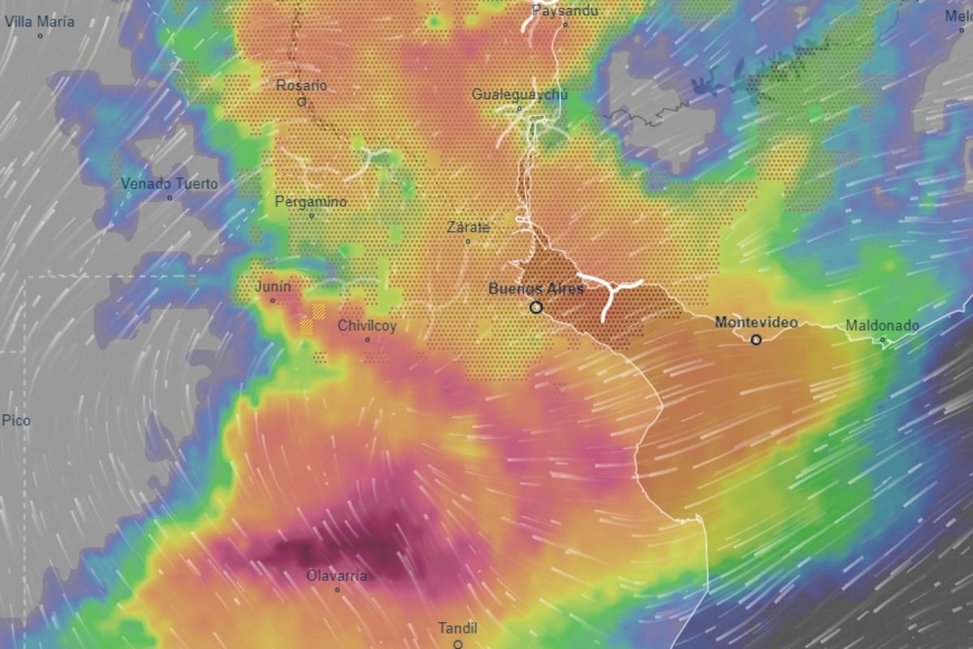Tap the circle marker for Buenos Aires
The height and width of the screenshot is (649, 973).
[536, 307]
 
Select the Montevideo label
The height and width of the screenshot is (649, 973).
[756, 323]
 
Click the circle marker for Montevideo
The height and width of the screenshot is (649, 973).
[757, 340]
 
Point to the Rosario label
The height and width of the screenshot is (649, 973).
[302, 85]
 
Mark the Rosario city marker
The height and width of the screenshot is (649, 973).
[302, 102]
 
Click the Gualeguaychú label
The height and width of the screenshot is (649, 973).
[520, 95]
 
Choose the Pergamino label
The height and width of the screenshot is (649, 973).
[311, 202]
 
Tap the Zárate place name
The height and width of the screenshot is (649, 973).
[468, 228]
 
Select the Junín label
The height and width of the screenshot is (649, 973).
[272, 287]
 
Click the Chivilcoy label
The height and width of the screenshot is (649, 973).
[367, 326]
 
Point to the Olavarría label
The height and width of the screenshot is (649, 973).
[336, 576]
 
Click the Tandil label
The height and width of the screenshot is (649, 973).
[457, 628]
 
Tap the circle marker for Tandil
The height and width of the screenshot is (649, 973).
[458, 644]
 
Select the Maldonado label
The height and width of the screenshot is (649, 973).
[882, 326]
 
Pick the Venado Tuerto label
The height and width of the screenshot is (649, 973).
[169, 184]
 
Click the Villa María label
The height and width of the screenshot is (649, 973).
[40, 22]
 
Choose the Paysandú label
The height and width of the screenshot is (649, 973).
[564, 11]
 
